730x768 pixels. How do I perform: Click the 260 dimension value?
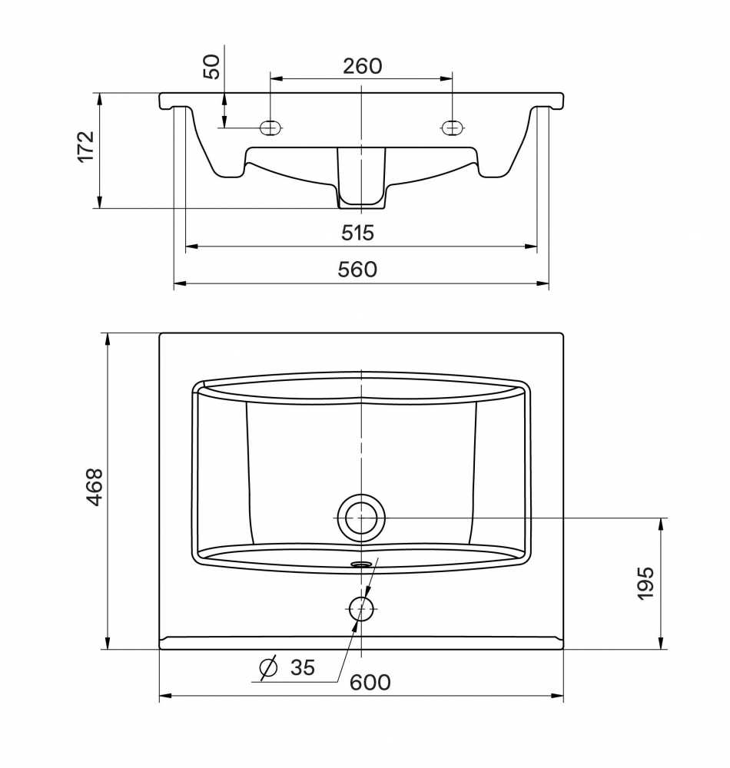(x=362, y=66)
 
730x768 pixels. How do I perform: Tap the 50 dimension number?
(x=211, y=67)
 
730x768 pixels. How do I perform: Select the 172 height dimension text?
(x=86, y=147)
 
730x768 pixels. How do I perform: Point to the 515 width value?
(x=357, y=233)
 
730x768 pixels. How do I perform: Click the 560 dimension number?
(x=357, y=270)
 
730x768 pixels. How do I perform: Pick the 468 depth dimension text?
(x=95, y=487)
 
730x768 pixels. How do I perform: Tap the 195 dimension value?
(x=645, y=583)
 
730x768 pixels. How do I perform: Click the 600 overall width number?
(x=370, y=682)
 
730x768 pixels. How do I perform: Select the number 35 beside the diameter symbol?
(x=303, y=667)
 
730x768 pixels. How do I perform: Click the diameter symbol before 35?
(x=268, y=667)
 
